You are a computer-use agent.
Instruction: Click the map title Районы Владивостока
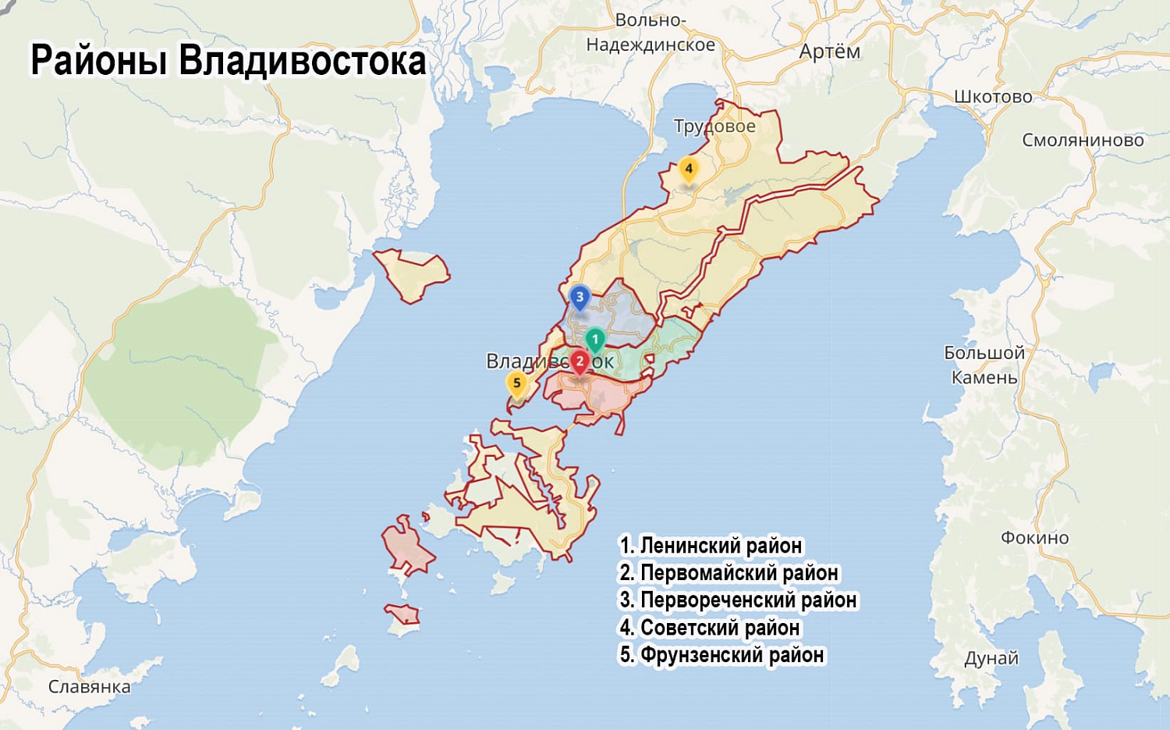click(x=228, y=61)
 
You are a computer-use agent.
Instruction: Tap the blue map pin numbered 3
click(x=579, y=297)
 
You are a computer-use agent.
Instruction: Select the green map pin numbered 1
click(x=594, y=340)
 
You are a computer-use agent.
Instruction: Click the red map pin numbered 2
click(x=579, y=361)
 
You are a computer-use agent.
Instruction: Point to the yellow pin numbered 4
click(x=688, y=169)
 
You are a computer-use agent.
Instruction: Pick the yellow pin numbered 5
click(x=516, y=383)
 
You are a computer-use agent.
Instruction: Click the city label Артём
click(x=829, y=52)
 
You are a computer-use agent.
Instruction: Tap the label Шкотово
click(x=993, y=97)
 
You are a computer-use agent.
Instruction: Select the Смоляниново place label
click(x=1083, y=141)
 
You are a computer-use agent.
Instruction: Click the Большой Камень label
click(x=984, y=365)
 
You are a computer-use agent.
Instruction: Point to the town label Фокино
click(x=1034, y=537)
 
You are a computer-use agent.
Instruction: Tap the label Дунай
click(x=991, y=658)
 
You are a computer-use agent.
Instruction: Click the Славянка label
click(x=89, y=687)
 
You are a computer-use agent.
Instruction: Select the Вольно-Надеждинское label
click(x=651, y=33)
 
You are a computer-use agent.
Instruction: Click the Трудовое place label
click(x=714, y=126)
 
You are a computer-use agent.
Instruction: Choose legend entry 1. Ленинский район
click(x=711, y=546)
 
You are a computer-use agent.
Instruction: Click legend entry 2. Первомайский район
click(x=729, y=573)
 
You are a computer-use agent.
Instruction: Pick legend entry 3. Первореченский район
click(x=738, y=600)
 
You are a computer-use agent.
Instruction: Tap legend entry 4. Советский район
click(x=709, y=628)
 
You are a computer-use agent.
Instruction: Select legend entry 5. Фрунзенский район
click(x=721, y=655)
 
